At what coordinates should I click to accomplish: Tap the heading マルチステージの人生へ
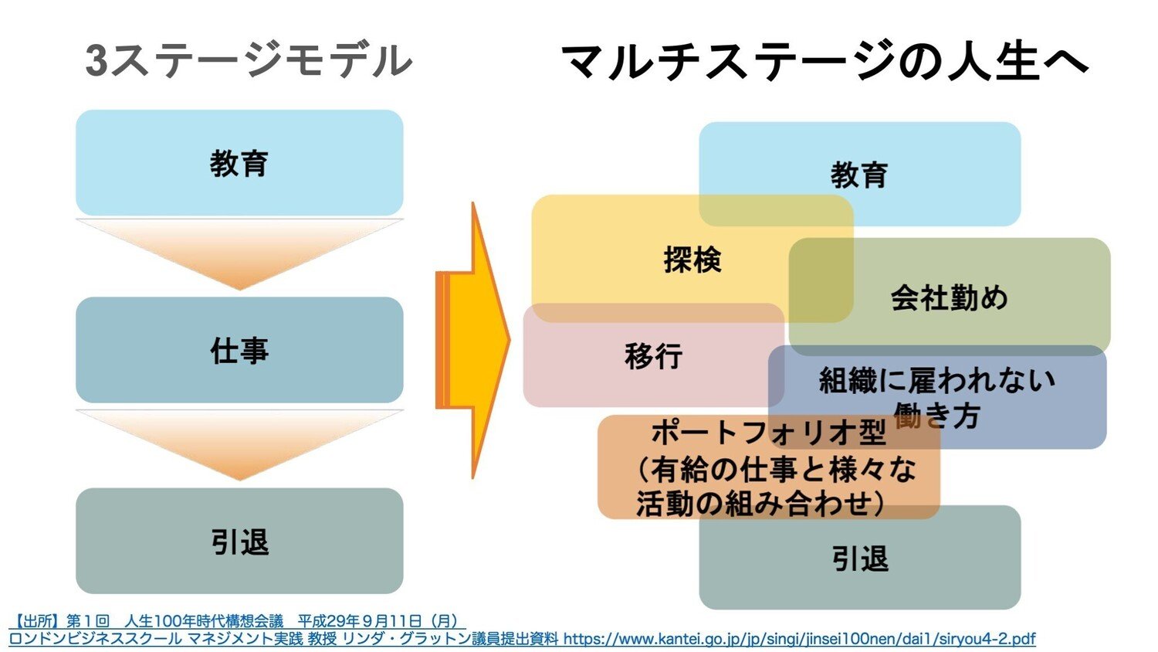(x=824, y=61)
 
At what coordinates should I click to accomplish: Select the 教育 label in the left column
(x=239, y=164)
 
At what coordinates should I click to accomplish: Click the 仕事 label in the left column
(x=239, y=351)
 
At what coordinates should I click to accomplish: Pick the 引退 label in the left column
(x=239, y=542)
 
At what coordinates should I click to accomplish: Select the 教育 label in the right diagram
(x=859, y=175)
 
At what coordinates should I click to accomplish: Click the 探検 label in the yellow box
(x=692, y=260)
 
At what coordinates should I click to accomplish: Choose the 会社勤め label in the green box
(x=950, y=297)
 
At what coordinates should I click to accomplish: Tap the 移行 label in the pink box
(x=654, y=356)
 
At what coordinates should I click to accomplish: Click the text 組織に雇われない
(x=936, y=380)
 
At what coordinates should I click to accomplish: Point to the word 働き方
(x=936, y=416)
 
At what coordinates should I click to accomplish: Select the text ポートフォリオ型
(x=768, y=433)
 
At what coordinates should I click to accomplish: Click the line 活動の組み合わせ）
(x=760, y=504)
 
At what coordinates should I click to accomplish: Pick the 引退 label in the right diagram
(x=860, y=559)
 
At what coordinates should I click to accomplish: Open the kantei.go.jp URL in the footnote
(x=799, y=639)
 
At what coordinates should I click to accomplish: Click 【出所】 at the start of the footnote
(x=37, y=621)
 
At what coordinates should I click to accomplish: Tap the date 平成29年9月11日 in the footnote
(x=360, y=621)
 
